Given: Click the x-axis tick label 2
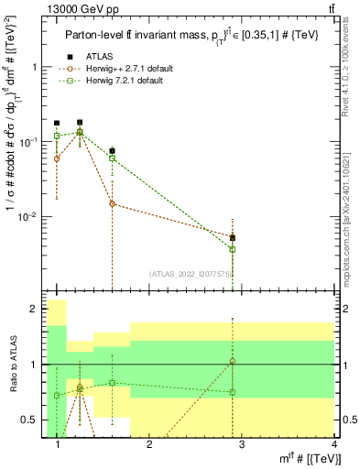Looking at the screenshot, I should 149,445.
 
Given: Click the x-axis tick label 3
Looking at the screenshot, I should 241,445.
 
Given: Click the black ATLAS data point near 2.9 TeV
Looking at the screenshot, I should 233,237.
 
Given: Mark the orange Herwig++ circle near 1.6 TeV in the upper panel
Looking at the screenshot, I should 112,203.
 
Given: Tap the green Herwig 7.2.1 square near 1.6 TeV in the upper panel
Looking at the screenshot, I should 112,158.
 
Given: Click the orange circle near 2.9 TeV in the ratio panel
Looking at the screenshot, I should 233,361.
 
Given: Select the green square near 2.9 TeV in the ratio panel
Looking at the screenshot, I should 233,392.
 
